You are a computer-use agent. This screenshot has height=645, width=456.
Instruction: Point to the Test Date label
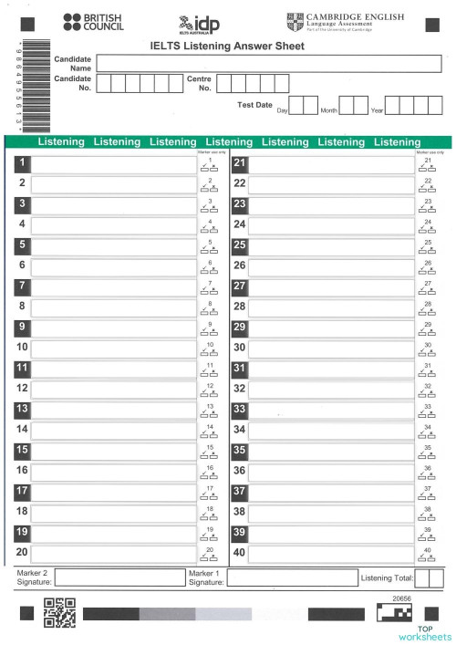(x=254, y=105)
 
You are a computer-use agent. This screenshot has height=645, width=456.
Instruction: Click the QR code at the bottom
(x=58, y=612)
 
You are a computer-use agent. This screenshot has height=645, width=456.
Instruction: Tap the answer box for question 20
(x=113, y=552)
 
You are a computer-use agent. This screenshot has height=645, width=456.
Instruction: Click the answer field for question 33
(x=330, y=410)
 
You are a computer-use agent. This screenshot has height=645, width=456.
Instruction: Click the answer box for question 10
(x=113, y=348)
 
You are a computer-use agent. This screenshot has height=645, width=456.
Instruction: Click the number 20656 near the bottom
(x=402, y=598)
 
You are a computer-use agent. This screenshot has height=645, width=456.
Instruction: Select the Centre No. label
(x=199, y=84)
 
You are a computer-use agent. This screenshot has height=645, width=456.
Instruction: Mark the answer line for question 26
(x=330, y=265)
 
